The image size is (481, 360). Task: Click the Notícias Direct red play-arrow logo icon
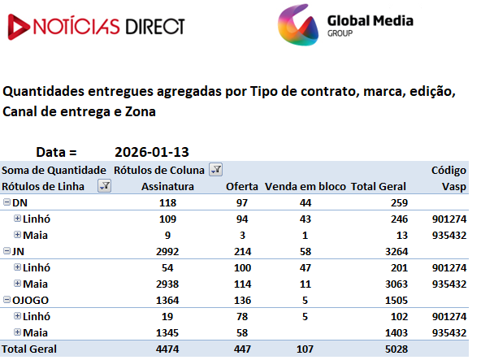(x=19, y=27)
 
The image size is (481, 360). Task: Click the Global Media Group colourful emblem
(x=298, y=25)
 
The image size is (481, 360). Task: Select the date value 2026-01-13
(x=152, y=152)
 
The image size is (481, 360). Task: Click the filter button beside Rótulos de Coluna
(x=215, y=169)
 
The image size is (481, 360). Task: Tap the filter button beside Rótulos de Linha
(x=104, y=185)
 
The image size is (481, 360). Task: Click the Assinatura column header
(x=167, y=186)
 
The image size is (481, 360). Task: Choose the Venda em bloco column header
(x=305, y=186)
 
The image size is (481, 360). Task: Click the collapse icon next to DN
(x=6, y=202)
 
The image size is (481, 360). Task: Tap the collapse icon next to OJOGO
(x=6, y=300)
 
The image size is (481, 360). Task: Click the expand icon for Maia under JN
(x=18, y=284)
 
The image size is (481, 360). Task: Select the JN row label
(x=18, y=251)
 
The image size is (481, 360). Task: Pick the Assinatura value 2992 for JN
(x=167, y=251)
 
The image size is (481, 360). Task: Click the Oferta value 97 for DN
(x=242, y=202)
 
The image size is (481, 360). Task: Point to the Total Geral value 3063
(x=396, y=284)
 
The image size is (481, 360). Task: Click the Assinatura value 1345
(x=167, y=332)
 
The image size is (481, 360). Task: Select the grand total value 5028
(x=396, y=349)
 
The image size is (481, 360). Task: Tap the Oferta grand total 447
(x=242, y=349)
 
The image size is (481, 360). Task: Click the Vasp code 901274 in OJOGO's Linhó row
(x=449, y=316)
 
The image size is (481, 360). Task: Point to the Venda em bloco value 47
(x=305, y=267)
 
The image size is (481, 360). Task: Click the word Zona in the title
(x=141, y=111)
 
